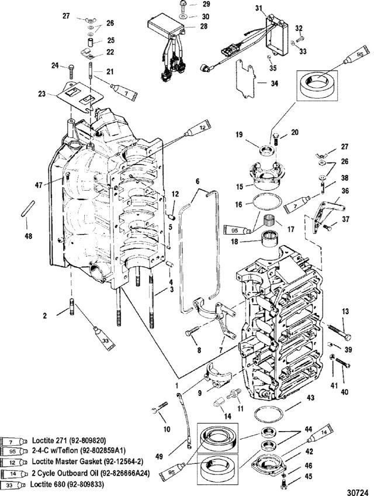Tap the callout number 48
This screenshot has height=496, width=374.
click(x=29, y=236)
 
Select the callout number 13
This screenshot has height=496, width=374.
click(x=345, y=312)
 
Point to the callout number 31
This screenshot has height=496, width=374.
click(x=259, y=8)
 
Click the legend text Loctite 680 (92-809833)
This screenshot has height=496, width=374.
click(x=67, y=484)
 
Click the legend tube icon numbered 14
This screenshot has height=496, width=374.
click(x=12, y=474)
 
